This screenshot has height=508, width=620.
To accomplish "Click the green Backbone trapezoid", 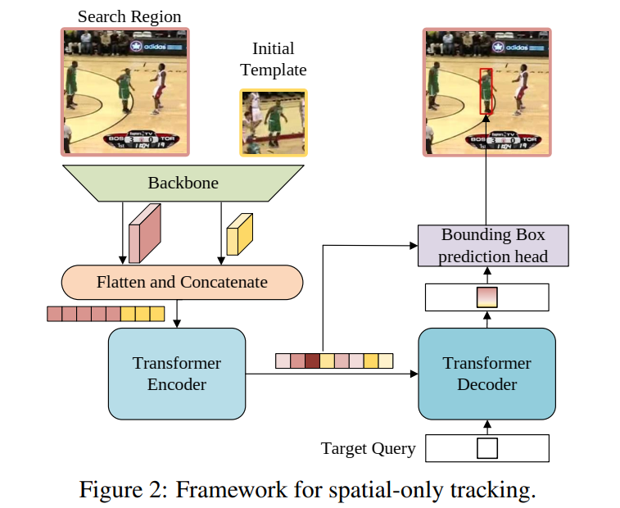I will point(183,183).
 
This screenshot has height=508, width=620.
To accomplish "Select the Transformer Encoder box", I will point(177,373).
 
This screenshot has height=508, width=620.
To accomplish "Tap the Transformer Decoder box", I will point(486,373).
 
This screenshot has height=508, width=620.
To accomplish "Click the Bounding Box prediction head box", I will point(492,246).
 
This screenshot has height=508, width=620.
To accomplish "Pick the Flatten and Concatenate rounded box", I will point(182,282).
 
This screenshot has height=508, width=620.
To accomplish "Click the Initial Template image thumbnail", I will point(274,123).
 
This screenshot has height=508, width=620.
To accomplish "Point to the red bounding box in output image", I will point(486,91).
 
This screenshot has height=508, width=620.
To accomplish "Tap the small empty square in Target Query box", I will point(486,449).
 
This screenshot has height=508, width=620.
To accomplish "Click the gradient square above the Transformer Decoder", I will point(486,297).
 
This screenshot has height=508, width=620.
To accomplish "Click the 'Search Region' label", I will point(129,16).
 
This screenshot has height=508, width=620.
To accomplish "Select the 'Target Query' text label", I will point(368,449).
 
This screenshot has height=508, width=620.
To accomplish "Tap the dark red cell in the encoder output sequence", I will point(312,361).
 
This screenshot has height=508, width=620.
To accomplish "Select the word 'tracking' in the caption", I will point(497,490).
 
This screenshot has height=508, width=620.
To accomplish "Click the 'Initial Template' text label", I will point(274,59).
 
